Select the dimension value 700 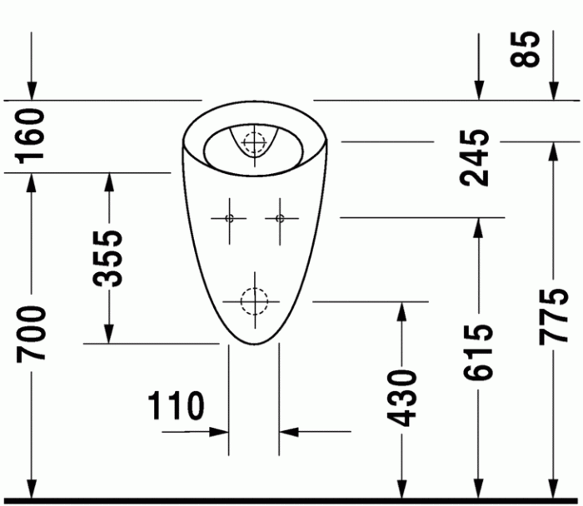coord(32,332)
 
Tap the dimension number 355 coord(108,257)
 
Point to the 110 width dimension coord(177,406)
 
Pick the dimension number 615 coord(479,352)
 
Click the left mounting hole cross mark coord(229,219)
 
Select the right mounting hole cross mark coord(279,219)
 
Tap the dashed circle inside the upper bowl coord(253,141)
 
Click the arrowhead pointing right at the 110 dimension coord(220,432)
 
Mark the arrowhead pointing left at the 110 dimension coord(288,432)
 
